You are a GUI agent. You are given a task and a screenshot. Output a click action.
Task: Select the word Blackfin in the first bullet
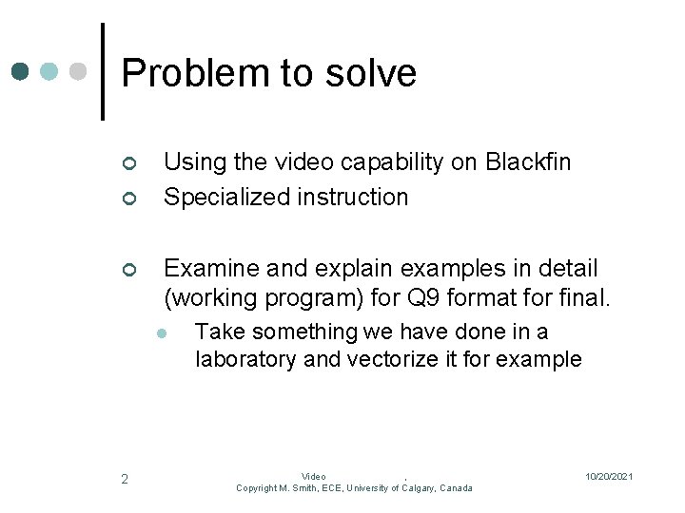pyautogui.click(x=528, y=162)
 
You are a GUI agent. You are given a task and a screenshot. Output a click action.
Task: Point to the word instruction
pyautogui.click(x=352, y=197)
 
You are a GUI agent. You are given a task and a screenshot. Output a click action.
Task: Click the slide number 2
pyautogui.click(x=125, y=479)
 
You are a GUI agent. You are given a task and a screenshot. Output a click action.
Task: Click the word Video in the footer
pyautogui.click(x=314, y=477)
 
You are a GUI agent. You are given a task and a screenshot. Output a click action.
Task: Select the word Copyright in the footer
pyautogui.click(x=257, y=488)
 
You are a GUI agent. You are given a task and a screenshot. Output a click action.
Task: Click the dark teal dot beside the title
pyautogui.click(x=21, y=71)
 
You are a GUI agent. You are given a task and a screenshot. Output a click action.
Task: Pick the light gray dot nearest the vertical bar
pyautogui.click(x=79, y=71)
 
